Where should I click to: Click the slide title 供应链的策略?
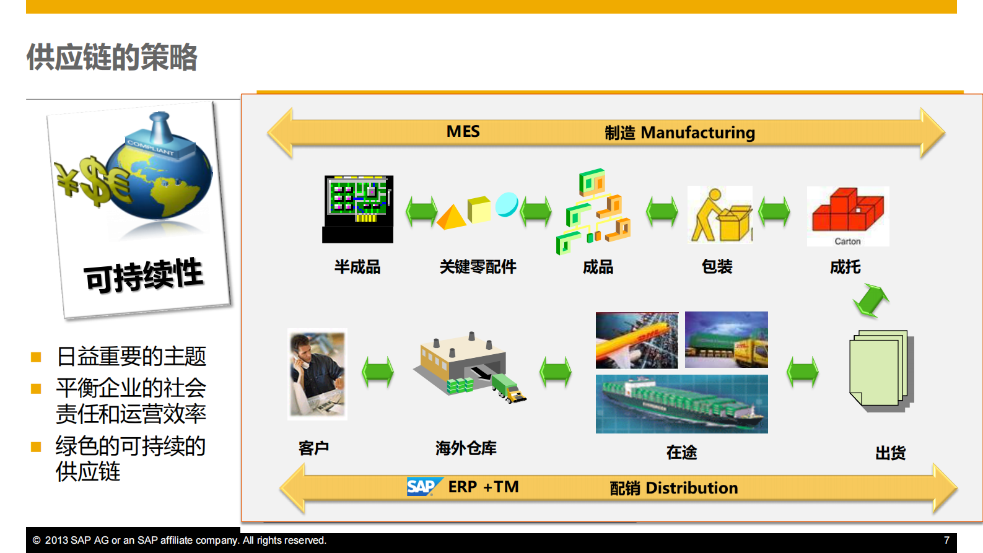(111, 57)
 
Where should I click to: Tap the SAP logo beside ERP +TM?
(424, 487)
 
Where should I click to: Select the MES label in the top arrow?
(463, 131)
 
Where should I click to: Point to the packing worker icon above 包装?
(720, 215)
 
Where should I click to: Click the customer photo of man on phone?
(317, 374)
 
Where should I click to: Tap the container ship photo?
(681, 404)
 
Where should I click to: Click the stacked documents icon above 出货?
(880, 370)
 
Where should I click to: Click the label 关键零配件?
(478, 267)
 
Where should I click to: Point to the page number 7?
(946, 540)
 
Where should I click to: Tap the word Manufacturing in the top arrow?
(697, 133)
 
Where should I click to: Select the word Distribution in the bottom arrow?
(691, 488)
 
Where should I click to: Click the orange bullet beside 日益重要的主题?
(36, 357)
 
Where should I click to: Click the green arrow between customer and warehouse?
(378, 372)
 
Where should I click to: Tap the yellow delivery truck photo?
(727, 340)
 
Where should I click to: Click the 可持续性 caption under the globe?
(144, 275)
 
